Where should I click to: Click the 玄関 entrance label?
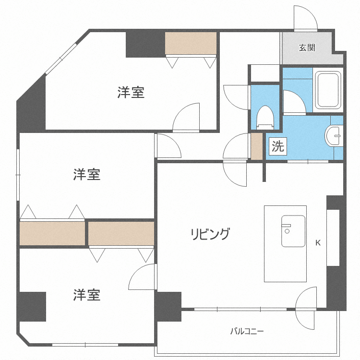[x=307, y=48]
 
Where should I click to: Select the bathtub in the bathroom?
[x=328, y=91]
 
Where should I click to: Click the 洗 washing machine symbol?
[x=278, y=146]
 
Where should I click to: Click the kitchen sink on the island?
[x=293, y=230]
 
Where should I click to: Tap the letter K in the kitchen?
[x=318, y=243]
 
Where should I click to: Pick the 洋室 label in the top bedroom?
[x=131, y=93]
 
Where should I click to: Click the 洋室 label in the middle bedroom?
[x=87, y=175]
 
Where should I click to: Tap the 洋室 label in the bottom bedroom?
[x=87, y=295]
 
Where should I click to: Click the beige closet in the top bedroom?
[x=191, y=44]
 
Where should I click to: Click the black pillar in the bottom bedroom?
[x=33, y=306]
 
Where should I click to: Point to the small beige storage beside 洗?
[x=257, y=146]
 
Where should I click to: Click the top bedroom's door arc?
[x=186, y=116]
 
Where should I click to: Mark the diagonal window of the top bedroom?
[x=61, y=59]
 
